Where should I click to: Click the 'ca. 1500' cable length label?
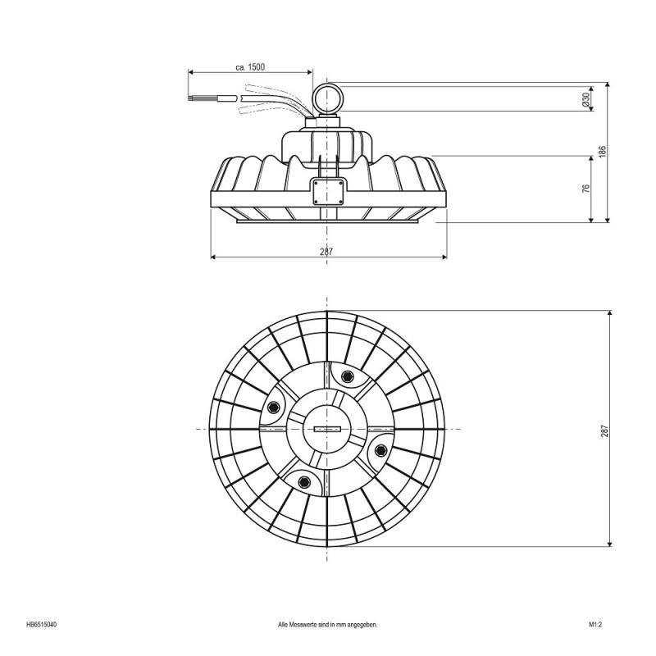point(249,66)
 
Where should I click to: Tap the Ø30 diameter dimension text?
point(585,98)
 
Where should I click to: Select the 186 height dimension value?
point(602,152)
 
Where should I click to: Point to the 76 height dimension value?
point(585,189)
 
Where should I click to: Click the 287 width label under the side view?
point(326,252)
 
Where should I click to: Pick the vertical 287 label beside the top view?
point(604,430)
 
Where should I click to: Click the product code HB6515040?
point(41,624)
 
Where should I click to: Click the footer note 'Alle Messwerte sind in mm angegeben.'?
point(327,624)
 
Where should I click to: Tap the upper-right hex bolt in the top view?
point(347,377)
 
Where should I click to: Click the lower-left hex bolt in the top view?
point(304,481)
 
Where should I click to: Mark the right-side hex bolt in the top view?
point(381,449)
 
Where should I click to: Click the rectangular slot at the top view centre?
point(327,429)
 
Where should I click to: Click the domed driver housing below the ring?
point(328,144)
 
